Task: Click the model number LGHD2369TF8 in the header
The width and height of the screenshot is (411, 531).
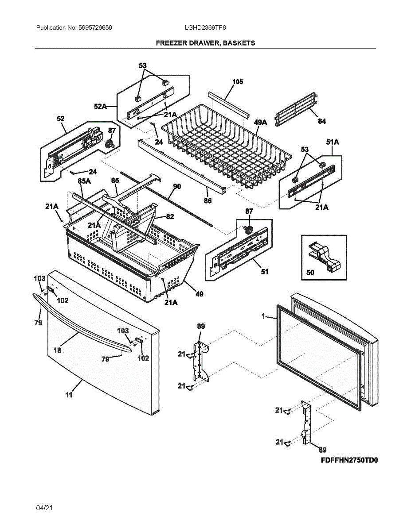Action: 205,27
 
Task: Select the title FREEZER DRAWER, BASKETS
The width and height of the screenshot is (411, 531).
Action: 205,43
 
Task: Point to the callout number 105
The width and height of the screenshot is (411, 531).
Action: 238,82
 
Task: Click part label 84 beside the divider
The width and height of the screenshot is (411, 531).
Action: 321,121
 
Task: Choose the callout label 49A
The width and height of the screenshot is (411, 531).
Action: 261,122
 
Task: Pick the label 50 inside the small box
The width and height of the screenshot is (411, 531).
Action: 310,273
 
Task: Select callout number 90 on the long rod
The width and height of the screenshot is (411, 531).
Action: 176,187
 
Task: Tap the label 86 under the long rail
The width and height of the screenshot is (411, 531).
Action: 207,201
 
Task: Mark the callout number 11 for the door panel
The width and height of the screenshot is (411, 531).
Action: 69,395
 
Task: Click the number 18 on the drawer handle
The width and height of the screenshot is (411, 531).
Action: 57,350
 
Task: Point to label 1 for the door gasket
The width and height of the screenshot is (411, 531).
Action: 263,317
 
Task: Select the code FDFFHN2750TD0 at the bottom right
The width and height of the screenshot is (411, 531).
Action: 350,460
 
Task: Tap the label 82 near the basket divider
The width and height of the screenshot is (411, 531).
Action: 170,217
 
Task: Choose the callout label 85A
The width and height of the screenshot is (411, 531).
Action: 85,181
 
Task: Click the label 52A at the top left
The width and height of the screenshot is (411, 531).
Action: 100,107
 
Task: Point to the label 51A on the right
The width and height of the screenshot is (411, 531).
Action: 333,142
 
